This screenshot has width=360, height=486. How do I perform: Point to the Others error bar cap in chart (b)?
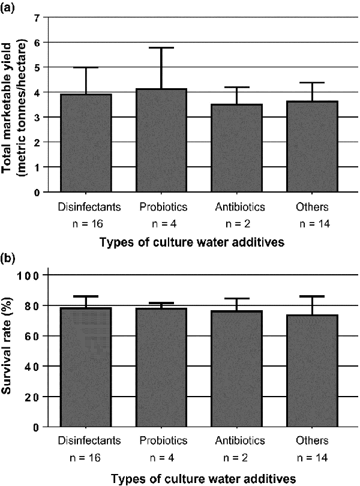tap(312, 296)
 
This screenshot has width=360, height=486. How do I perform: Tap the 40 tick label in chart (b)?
tap(32, 366)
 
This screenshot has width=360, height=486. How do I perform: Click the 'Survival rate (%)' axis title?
tap(10, 351)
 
